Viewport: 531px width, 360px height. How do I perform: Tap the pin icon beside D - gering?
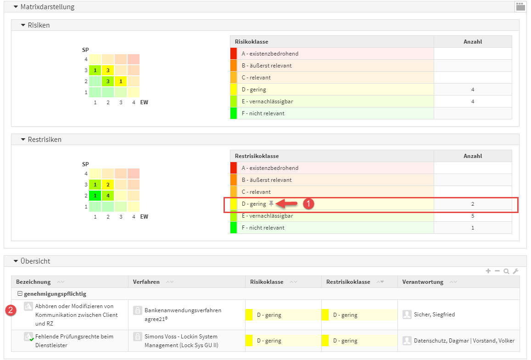point(271,203)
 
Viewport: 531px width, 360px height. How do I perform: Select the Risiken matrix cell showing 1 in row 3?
point(95,70)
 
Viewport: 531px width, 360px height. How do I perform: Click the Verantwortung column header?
point(423,282)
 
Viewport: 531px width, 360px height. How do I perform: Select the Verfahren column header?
point(146,282)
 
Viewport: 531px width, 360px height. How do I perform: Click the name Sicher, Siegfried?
point(434,315)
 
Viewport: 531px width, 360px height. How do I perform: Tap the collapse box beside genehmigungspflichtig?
point(20,294)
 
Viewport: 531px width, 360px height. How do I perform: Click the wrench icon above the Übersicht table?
point(515,271)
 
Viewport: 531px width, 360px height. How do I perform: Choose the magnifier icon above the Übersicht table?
point(506,271)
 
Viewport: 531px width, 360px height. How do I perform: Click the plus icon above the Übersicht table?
point(488,271)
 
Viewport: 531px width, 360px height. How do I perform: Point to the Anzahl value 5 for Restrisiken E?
point(473,216)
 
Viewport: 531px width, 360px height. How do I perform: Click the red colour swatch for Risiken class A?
point(233,54)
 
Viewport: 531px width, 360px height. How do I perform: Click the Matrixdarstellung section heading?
point(47,7)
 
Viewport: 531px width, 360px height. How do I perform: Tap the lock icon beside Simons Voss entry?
point(137,337)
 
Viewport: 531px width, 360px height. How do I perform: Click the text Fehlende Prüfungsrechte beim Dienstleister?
point(74,341)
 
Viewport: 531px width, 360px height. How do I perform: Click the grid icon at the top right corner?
point(520,6)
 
